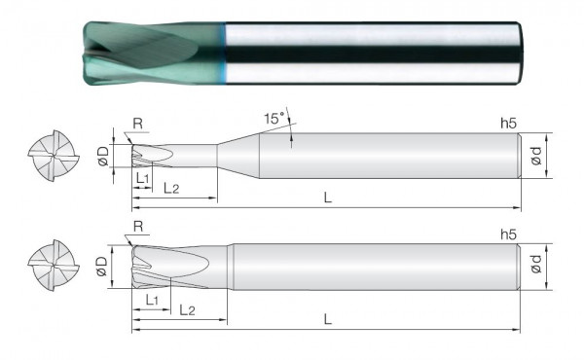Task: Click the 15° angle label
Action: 274,119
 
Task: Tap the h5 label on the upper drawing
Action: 508,124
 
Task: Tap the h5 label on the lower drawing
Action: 508,234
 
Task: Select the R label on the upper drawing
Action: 138,124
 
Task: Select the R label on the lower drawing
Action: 138,226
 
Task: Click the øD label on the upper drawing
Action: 103,156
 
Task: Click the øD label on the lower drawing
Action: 101,266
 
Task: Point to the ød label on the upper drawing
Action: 536,156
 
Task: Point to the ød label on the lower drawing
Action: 536,264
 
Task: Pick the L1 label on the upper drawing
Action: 143,178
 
